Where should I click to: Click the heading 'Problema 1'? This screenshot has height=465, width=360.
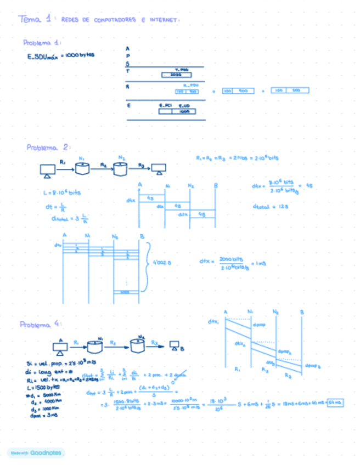pos(42,43)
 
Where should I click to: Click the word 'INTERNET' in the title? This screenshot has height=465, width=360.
pos(164,20)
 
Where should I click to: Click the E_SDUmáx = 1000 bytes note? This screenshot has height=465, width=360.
pos(61,55)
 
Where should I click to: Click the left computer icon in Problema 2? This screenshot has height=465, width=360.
pos(47,171)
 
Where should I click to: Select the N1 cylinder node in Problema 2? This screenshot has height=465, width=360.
pos(82,167)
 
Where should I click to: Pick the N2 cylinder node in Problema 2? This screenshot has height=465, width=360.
pos(121,167)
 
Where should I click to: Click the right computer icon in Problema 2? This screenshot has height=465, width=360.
pos(159,168)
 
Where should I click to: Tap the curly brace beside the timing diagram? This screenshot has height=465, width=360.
pos(147,263)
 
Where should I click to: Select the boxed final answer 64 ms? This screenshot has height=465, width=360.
pos(334,403)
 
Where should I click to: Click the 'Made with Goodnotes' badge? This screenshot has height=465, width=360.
pos(36,452)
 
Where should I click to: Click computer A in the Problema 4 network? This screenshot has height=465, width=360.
pos(60,347)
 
